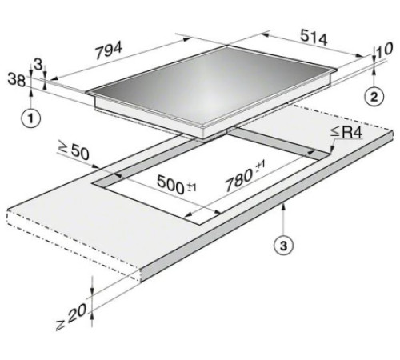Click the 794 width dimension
109,50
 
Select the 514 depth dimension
314,38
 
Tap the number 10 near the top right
384,50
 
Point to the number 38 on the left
17,80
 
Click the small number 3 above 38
38,64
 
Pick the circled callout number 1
31,118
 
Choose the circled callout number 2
374,97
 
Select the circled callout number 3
284,246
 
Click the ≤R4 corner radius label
346,132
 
